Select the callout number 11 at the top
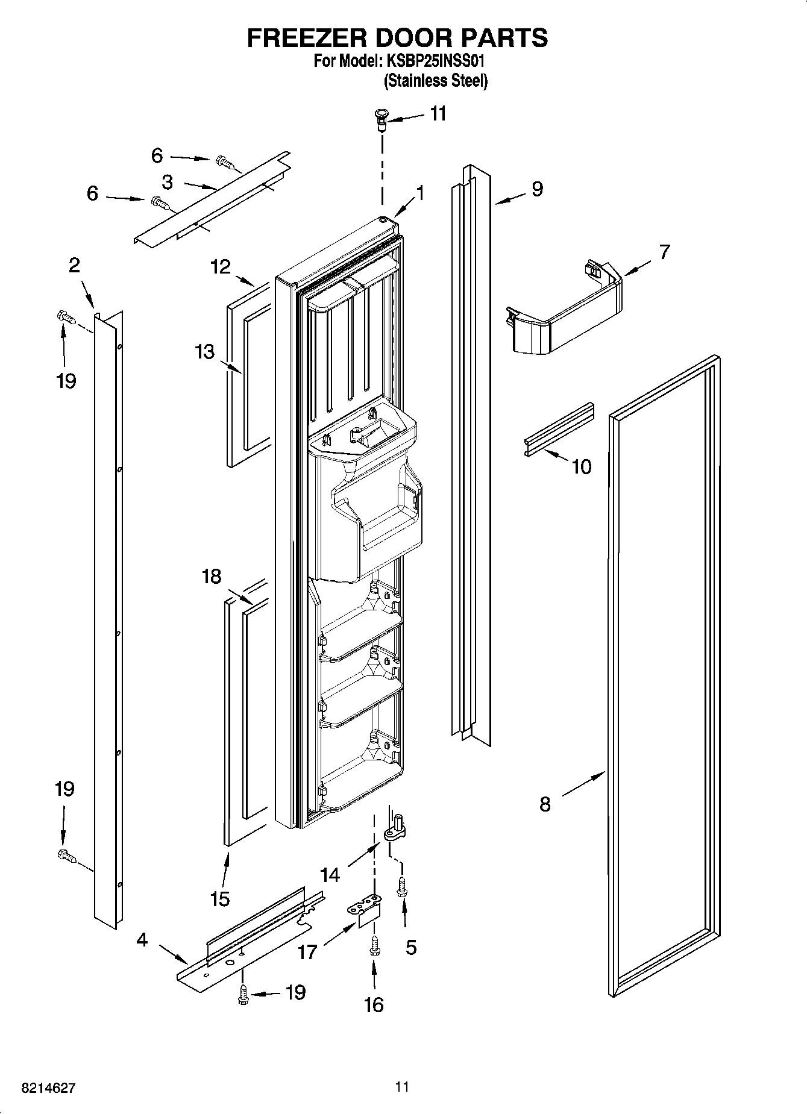438,114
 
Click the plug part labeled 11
381,117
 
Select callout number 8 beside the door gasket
545,804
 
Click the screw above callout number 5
401,887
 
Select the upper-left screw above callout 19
64,316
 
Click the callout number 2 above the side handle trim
74,265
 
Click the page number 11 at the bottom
402,1087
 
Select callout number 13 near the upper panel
204,351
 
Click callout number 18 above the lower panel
212,577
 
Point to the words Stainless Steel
435,81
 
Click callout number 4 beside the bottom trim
142,939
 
